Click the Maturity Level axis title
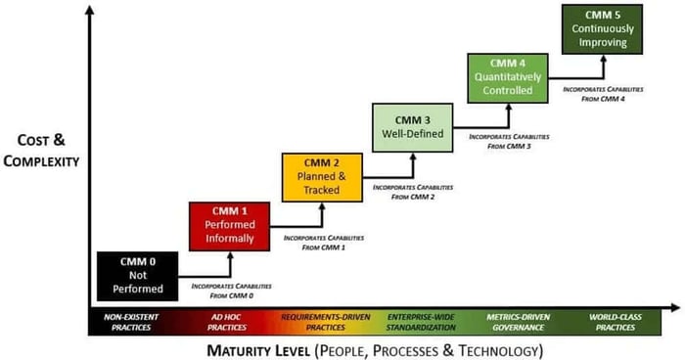tap(374, 349)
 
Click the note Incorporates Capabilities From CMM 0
tap(231, 291)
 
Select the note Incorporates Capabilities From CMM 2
tap(419, 191)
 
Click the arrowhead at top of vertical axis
tap(90, 12)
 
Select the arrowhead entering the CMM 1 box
tap(231, 255)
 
